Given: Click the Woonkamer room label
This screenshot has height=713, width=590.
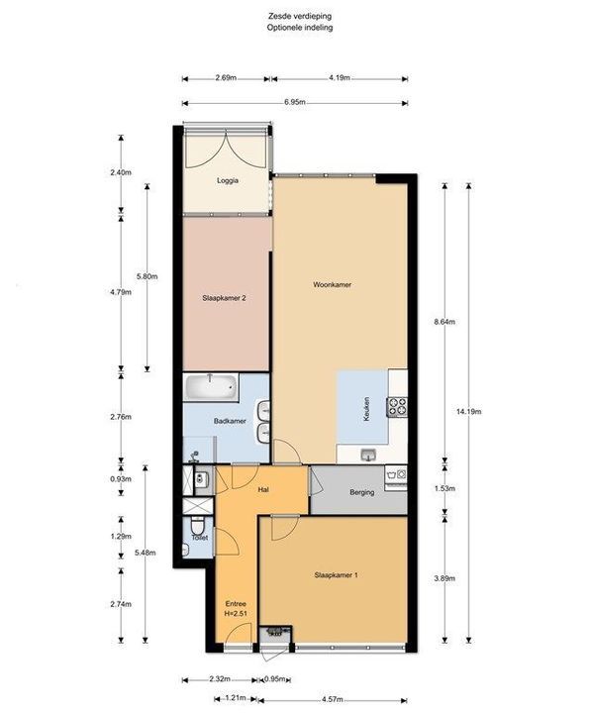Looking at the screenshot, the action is (332, 284).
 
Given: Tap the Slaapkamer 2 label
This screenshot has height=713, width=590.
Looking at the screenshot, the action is (224, 298).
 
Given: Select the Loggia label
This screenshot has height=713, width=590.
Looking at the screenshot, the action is (228, 180).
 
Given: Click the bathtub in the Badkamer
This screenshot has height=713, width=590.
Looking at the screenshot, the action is (211, 387).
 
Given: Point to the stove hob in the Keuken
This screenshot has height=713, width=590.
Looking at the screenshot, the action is (396, 407).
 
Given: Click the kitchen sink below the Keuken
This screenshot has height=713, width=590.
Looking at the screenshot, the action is (368, 455).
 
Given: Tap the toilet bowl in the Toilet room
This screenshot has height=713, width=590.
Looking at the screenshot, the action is (198, 526).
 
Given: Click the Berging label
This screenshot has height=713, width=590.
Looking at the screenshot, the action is (361, 492).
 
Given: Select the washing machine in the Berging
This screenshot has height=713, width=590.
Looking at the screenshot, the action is (396, 475).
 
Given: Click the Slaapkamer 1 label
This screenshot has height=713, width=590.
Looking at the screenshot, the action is (336, 575).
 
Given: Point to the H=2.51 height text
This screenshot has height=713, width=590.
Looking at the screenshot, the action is (236, 613).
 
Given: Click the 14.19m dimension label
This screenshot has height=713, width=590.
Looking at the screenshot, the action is (468, 412).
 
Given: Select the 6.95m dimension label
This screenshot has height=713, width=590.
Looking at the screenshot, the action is (295, 102).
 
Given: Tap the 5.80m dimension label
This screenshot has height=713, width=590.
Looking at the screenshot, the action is (147, 276).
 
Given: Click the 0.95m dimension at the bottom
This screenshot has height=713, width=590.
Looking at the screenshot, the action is (275, 679).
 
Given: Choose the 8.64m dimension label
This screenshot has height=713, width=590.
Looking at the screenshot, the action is (444, 322).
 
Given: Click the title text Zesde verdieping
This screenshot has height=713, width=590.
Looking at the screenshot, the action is (300, 16).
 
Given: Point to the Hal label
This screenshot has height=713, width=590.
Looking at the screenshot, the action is (263, 490).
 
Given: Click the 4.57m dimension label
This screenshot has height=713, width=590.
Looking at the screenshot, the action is (332, 699).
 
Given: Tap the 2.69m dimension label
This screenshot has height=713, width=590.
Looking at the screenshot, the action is (226, 78).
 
